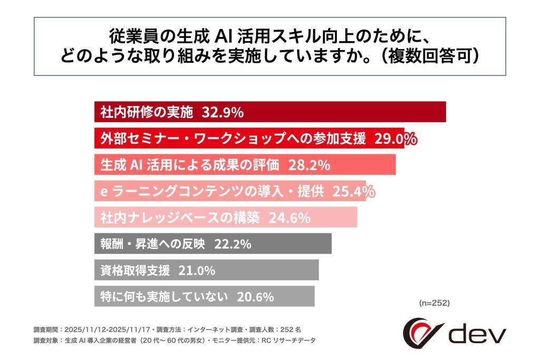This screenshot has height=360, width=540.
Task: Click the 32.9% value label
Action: point(222,112)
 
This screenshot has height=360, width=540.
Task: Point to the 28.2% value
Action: point(309,165)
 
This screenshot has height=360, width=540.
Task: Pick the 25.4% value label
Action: point(353,191)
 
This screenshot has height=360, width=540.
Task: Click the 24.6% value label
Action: point(290,218)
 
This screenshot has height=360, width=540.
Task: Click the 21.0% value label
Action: point(197,270)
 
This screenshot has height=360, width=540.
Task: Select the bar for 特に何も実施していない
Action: point(295,296)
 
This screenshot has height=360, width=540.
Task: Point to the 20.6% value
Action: point(255,296)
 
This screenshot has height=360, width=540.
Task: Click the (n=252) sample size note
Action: point(434,303)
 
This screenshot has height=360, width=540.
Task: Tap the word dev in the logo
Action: point(477,334)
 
